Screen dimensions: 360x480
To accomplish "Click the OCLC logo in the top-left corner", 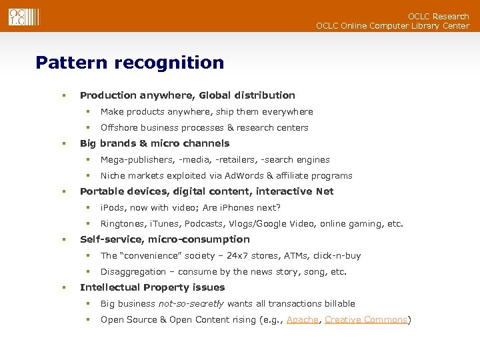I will [x=23, y=17].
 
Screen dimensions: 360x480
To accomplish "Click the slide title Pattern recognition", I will [x=130, y=63].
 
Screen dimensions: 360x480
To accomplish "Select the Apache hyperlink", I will [x=302, y=320].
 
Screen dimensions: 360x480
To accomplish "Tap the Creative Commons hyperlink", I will [x=366, y=320].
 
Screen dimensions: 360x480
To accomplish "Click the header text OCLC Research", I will [x=439, y=16].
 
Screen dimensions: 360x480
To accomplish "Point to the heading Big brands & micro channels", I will [x=154, y=143].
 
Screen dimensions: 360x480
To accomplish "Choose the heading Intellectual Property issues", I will [x=152, y=287].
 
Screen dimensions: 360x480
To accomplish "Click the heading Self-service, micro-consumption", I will [x=165, y=239].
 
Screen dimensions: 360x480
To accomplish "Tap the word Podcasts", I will [x=203, y=224].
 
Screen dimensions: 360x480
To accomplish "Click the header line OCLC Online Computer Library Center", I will [x=392, y=26].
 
